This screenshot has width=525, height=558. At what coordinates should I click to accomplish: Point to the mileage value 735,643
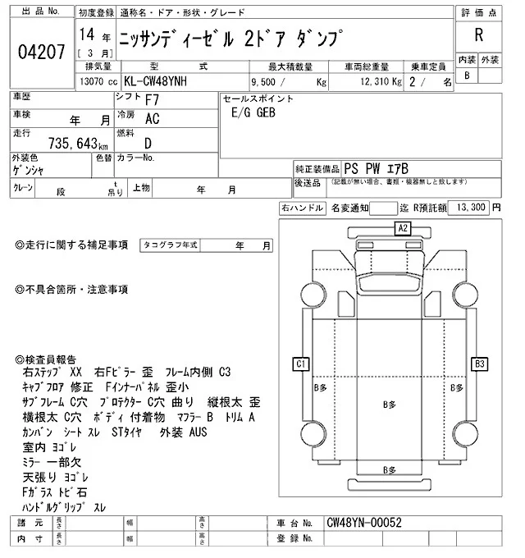coord(71,141)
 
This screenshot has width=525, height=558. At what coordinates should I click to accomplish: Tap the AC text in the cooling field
coord(152,120)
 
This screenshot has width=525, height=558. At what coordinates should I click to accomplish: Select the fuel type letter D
coord(148,142)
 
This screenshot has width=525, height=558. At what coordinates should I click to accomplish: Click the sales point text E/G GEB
coord(253,116)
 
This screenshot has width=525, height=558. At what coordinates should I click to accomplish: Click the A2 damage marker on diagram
coord(403,228)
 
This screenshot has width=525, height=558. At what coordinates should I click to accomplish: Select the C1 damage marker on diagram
coord(301,363)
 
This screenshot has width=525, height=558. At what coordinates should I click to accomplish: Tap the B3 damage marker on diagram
coord(480,363)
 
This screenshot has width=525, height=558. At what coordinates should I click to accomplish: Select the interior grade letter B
coord(467,75)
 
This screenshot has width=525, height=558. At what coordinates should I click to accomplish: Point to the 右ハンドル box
coord(301,208)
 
